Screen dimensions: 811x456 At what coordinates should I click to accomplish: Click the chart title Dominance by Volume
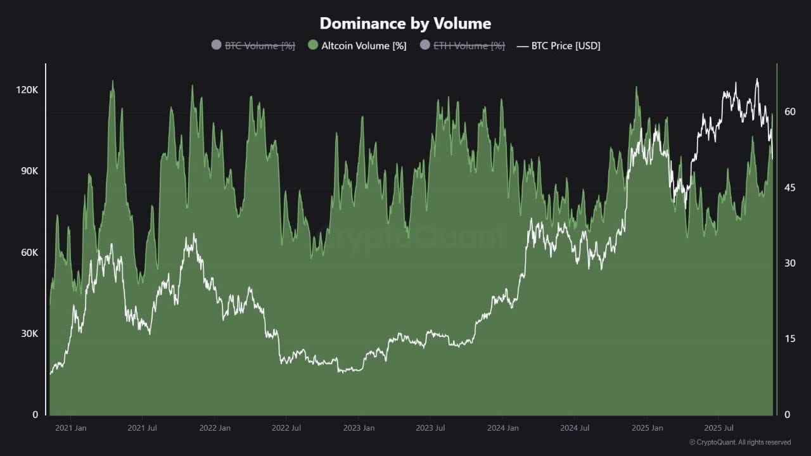pos(405,23)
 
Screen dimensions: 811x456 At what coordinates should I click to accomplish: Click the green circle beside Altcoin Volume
pos(313,45)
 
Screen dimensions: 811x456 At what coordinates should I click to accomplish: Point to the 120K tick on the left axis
pos(27,90)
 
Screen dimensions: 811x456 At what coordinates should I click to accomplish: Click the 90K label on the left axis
pos(29,171)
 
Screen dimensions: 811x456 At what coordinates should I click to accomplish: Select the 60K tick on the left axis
pos(29,252)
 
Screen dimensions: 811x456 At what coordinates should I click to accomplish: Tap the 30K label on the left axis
pos(29,333)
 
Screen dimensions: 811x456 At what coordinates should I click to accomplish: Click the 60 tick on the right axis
pos(790,111)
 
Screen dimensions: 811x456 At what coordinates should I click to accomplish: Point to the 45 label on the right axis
pos(790,187)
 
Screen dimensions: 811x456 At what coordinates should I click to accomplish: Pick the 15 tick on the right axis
pos(790,339)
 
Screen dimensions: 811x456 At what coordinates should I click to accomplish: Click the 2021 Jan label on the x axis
pos(70,427)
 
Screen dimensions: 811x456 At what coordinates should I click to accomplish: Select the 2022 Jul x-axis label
pos(286,427)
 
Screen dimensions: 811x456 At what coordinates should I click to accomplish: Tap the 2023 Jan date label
pos(359,427)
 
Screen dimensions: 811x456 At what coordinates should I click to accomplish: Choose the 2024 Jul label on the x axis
pos(575,427)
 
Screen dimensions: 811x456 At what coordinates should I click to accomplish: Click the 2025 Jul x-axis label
pos(718,427)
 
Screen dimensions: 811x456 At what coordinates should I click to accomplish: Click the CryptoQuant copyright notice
pos(740,442)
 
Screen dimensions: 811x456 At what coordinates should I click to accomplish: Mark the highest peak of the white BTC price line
pos(757,79)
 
